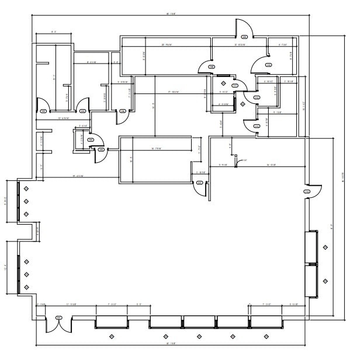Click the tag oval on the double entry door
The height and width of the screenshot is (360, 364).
coord(58,317)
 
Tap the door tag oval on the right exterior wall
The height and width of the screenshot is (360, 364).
coord(307,191)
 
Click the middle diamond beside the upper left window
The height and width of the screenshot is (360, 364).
coord(26,201)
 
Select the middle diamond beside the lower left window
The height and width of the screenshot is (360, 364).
coord(26,274)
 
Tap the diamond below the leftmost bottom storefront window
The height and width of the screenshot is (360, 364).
coord(112,337)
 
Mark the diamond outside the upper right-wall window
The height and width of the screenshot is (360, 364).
coord(324,247)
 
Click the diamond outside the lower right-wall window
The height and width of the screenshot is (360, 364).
coord(324,281)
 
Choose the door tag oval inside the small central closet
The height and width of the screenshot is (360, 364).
coord(91,140)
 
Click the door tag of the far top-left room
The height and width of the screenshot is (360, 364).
coord(43,110)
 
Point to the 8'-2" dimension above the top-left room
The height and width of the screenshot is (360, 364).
coord(54,32)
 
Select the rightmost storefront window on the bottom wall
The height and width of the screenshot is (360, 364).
coord(266,321)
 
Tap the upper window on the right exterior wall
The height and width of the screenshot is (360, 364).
coord(311,247)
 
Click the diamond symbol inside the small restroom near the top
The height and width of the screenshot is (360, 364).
coord(242,104)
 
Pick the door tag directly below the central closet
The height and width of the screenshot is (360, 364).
coord(101,150)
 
